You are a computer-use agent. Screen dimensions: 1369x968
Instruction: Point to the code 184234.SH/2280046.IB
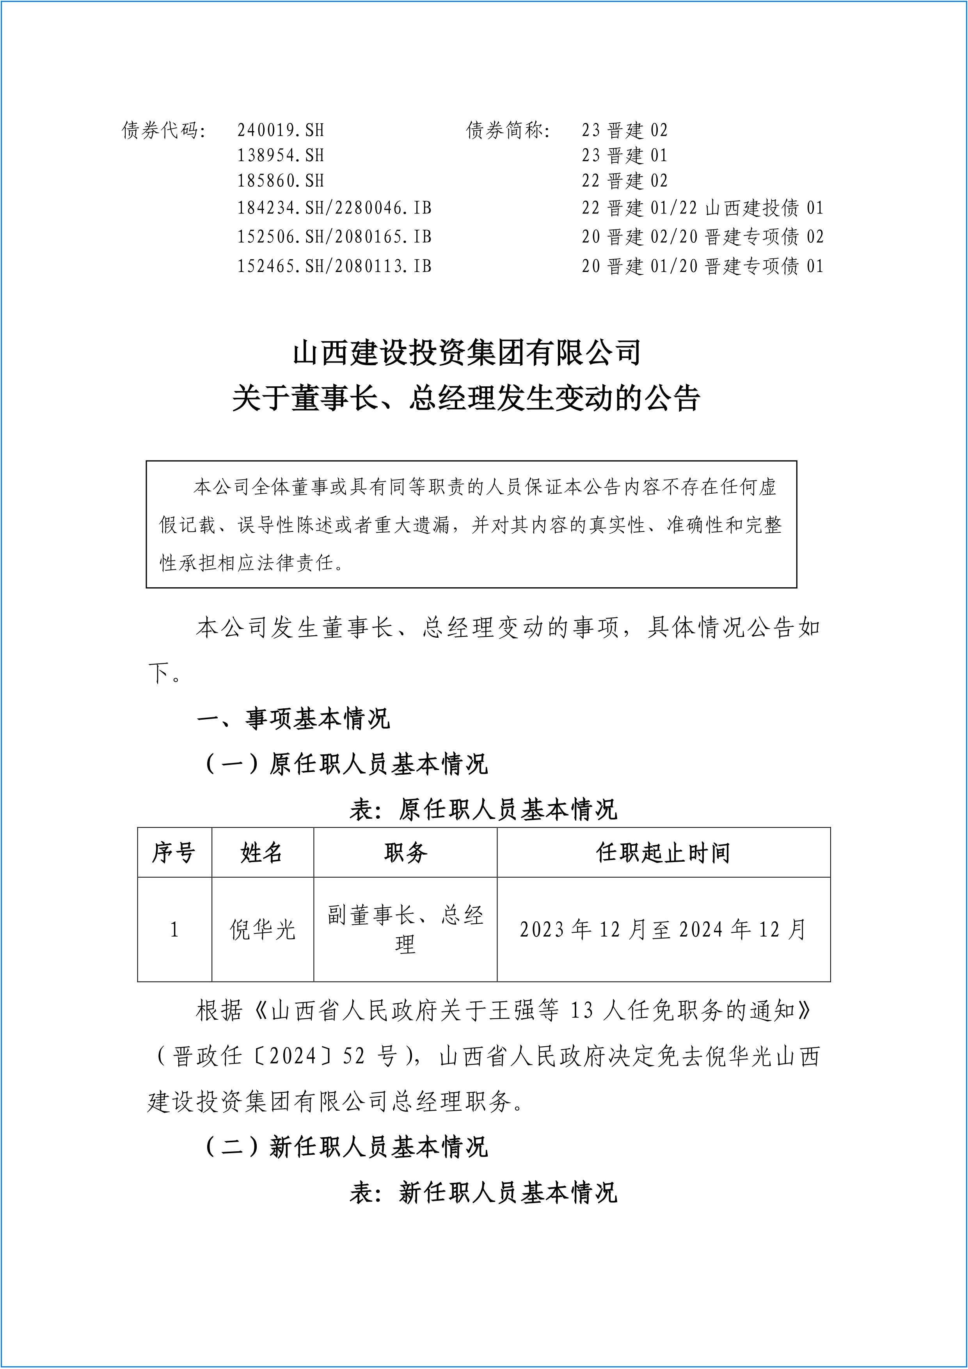pos(334,208)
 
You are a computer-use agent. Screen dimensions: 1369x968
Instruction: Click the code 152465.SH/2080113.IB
pos(334,266)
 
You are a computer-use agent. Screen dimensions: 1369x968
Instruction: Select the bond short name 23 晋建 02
pos(625,130)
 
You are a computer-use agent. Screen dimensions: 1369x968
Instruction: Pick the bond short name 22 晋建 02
pos(625,181)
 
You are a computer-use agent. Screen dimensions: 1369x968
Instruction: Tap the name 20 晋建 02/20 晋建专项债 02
pos(702,237)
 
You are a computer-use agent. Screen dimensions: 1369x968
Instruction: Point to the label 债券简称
pos(508,130)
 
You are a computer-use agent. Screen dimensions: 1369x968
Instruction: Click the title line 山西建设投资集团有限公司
pos(467,353)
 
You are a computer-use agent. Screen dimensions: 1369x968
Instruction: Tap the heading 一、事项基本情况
pos(293,719)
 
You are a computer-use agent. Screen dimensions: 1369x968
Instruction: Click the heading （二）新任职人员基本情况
pos(346,1147)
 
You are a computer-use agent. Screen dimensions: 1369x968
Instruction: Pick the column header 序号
pos(174,853)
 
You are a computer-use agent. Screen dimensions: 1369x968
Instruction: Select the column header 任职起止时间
pos(663,853)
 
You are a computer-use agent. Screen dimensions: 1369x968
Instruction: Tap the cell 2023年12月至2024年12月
pos(663,930)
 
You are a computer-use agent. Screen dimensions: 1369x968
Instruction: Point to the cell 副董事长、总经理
pos(405,930)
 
